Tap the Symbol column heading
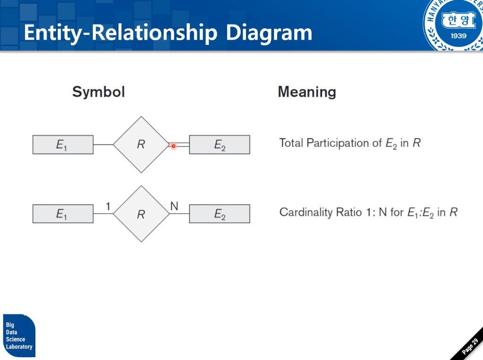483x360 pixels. pos(98,92)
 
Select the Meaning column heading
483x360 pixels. pos(306,92)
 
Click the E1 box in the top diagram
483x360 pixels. pos(63,145)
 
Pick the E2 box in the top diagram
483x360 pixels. pos(220,145)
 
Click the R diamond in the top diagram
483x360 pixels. pos(141,144)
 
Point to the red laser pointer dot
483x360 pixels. pos(173,146)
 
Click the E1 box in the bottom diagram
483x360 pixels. pos(63,214)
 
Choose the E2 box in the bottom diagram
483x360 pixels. pos(220,214)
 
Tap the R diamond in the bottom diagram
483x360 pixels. pos(141,214)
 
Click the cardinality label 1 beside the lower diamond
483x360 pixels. pos(108,206)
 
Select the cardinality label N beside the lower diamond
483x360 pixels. pos(174,206)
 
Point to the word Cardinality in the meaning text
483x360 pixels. pos(306,212)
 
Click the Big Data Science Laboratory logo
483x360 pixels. pos(19,335)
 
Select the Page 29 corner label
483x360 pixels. pos(470,347)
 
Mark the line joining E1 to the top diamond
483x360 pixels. pos(103,144)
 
